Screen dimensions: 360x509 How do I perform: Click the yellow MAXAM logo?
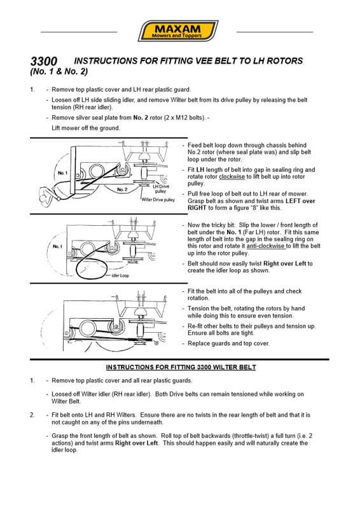coord(178,31)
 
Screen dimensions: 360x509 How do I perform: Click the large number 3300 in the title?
coord(44,61)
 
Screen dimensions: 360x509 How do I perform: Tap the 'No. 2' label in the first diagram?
coord(122,189)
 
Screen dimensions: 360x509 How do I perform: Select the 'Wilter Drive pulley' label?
coord(158,200)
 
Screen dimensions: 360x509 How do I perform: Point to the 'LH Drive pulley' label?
coord(161,189)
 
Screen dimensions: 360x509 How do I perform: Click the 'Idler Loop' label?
coord(120,275)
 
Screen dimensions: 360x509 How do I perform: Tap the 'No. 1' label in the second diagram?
coord(57,247)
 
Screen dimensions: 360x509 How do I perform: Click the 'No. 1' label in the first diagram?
coord(63,173)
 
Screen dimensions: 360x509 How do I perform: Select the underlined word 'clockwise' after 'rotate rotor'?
coord(232,177)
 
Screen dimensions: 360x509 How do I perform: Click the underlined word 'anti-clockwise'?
coord(266,246)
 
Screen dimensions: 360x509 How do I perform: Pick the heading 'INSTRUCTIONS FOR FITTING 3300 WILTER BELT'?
coord(181,367)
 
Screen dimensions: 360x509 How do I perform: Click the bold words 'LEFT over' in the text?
coord(301,201)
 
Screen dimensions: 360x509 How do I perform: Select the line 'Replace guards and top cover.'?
coord(228,343)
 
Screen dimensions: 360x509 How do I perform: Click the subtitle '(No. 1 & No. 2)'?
coord(59,71)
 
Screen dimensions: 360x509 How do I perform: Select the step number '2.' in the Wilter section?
coord(32,415)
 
